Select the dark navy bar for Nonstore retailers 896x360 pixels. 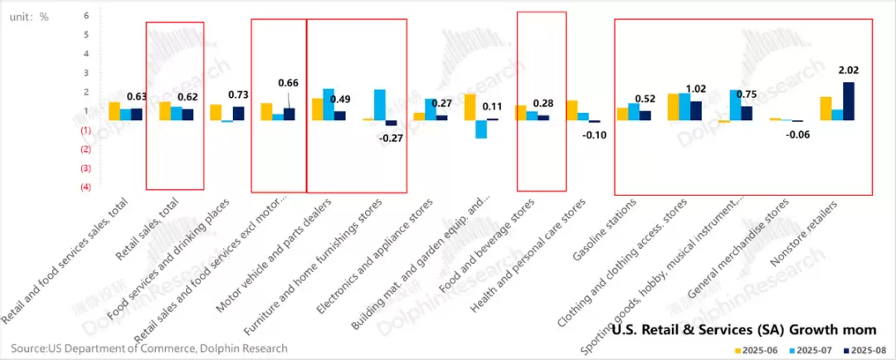click(848, 101)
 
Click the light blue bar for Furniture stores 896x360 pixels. click(379, 105)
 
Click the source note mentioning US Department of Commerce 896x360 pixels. click(149, 348)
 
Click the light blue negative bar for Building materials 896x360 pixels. click(480, 129)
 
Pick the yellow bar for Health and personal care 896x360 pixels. click(572, 110)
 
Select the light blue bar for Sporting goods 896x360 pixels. click(735, 105)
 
